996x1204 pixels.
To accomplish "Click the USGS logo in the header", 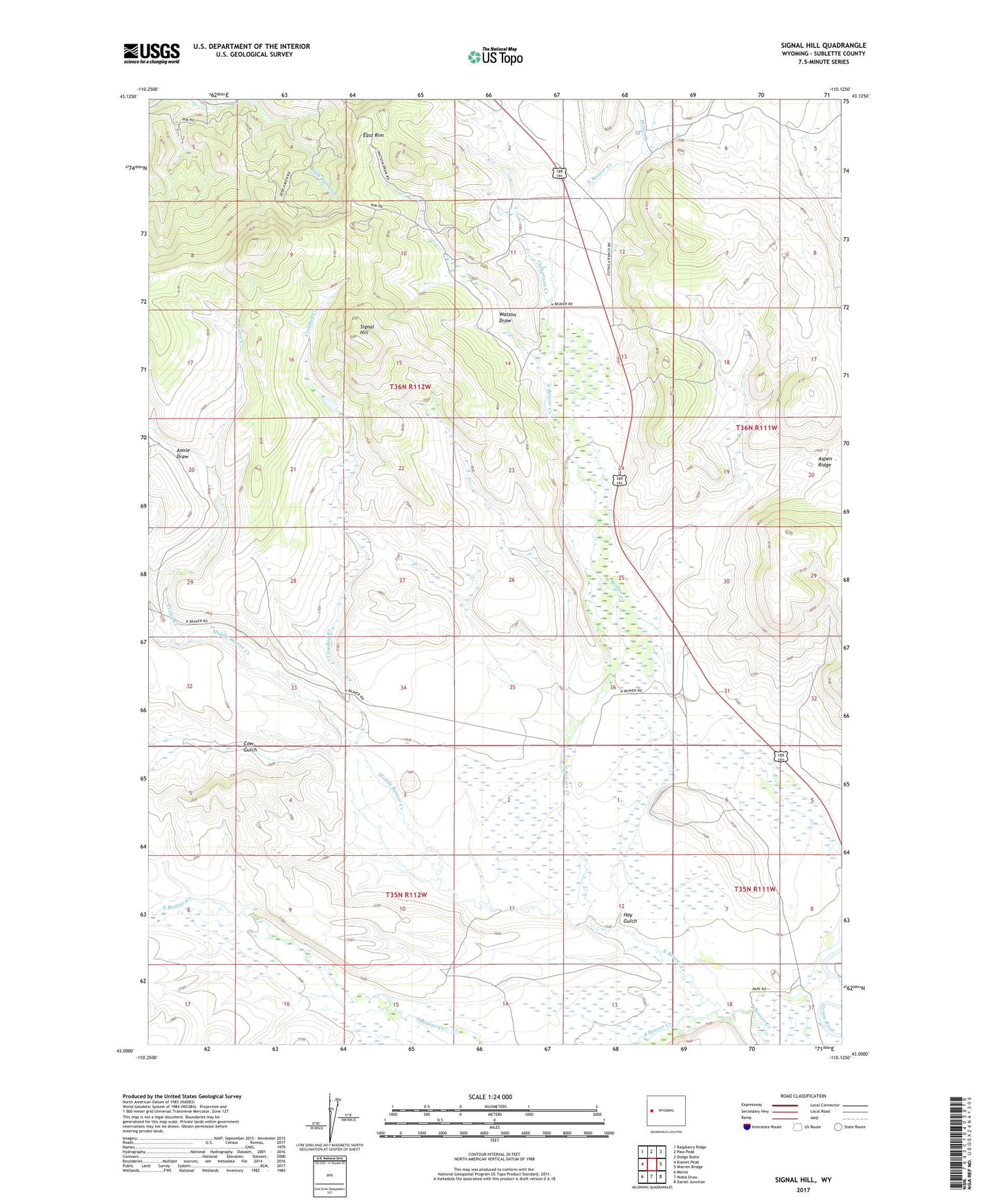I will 152,53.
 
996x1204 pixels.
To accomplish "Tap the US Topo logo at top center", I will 494,57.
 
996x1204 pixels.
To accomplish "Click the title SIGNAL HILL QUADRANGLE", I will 823,46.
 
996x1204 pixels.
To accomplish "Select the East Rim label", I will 374,135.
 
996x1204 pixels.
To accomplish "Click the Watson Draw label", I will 507,317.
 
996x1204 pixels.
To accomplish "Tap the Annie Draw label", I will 183,453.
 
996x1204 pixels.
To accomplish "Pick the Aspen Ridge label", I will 824,461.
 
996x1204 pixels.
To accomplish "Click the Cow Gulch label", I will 250,746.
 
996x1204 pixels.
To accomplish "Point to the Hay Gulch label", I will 629,918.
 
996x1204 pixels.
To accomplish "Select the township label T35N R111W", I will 755,890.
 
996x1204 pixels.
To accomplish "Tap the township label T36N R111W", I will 757,428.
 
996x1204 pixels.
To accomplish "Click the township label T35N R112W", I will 406,895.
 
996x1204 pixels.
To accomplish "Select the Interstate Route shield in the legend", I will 748,1127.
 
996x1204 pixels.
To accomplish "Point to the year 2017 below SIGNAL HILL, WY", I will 803,1190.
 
